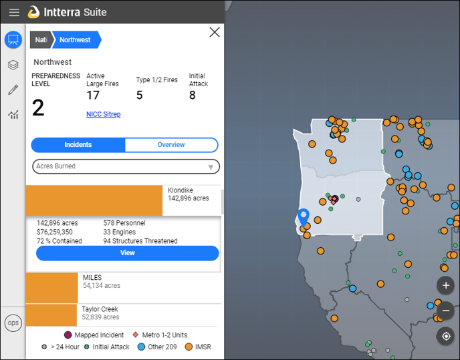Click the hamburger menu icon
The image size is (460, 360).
pos(14,12)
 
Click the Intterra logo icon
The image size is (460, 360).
pos(33,12)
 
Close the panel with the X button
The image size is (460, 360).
pos(215,32)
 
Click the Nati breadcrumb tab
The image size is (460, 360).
pos(41,40)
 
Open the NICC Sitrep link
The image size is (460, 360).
pos(103,114)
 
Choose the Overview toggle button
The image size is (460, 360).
pos(171,145)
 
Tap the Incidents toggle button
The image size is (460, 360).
pos(78,145)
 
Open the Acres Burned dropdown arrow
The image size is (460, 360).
pos(211,167)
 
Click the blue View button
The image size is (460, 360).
pos(127,253)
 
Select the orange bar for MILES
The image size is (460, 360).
pos(52,288)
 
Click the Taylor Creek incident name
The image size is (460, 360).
pos(100,309)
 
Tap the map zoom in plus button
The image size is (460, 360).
pos(445,285)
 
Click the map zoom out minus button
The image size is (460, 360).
pos(445,311)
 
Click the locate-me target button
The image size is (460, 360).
pos(445,336)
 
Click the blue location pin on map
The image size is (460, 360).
pos(304,216)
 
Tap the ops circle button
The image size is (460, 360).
pos(13,323)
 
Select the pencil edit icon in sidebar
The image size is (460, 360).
pos(13,89)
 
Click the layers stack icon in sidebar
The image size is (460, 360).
pos(13,65)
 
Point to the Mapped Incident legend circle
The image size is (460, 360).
pos(68,335)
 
